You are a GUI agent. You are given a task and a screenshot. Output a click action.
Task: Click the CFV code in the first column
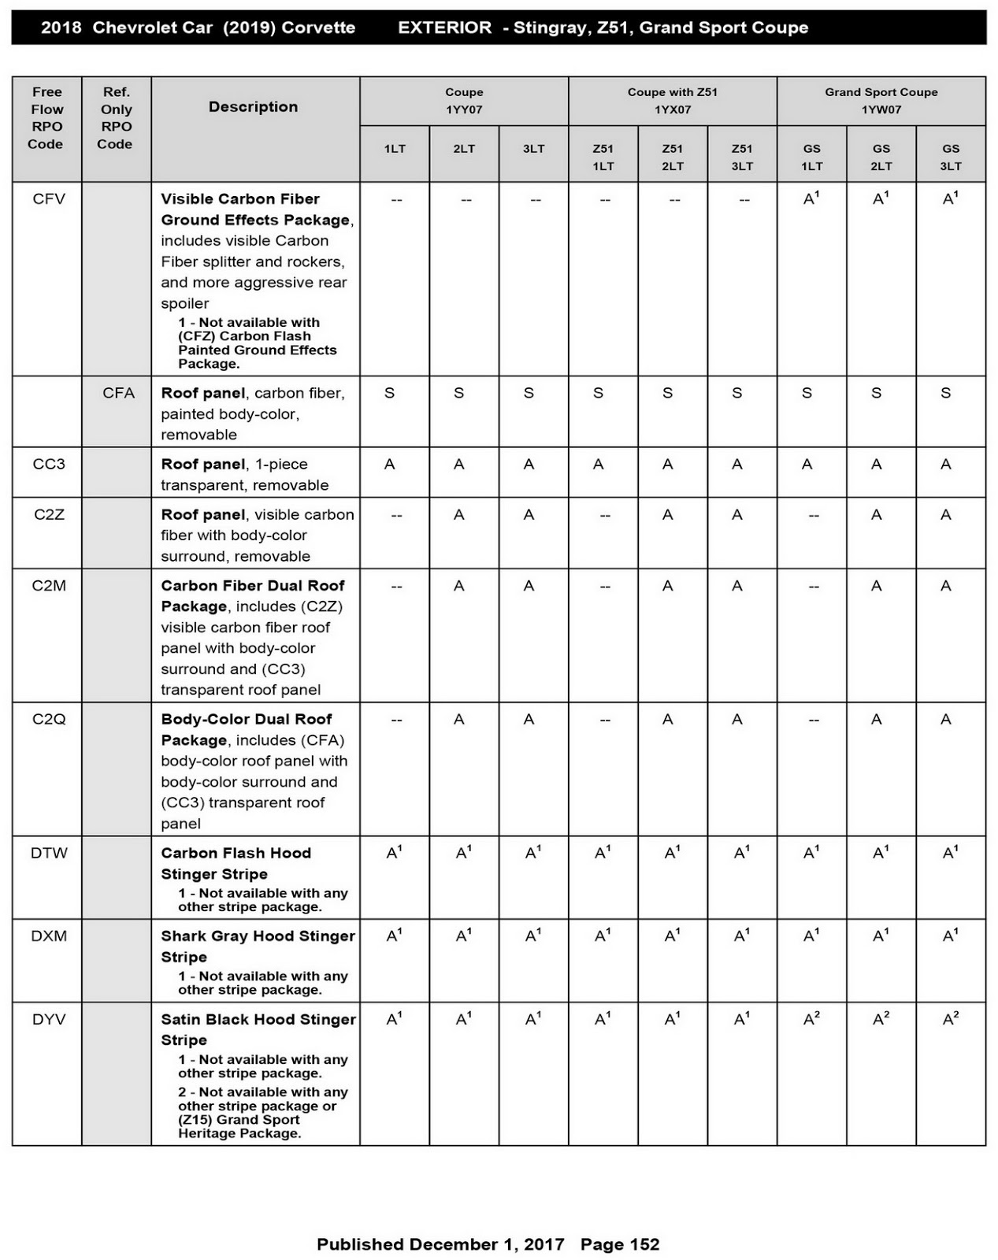point(49,199)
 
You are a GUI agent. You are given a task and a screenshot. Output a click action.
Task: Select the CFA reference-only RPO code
point(118,393)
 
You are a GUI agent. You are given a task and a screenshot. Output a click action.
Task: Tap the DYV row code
point(49,1020)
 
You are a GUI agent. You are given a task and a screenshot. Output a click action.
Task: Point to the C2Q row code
point(49,720)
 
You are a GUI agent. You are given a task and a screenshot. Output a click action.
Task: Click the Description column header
point(253,107)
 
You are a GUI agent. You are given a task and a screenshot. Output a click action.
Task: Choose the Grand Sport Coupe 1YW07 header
point(881,101)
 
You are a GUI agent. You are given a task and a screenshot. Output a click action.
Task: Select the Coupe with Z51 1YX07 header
point(672,101)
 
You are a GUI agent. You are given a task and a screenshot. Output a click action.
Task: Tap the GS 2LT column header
point(881,157)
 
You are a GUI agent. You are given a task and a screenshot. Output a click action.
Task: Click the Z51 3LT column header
point(741,157)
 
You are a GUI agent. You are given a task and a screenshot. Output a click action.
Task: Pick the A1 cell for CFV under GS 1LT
point(811,199)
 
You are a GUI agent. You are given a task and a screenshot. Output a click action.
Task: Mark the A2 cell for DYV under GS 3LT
point(951,1019)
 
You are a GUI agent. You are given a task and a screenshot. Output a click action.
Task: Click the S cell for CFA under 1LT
point(389,393)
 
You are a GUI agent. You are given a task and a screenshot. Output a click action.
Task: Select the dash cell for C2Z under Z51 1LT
point(604,516)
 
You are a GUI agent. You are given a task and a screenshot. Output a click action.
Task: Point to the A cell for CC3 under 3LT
point(529,465)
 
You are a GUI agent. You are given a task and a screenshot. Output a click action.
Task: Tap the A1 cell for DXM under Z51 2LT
point(672,936)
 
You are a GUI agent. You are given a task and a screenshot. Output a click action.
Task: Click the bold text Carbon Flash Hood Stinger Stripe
point(236,863)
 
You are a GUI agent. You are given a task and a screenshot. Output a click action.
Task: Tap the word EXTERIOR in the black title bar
point(444,28)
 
